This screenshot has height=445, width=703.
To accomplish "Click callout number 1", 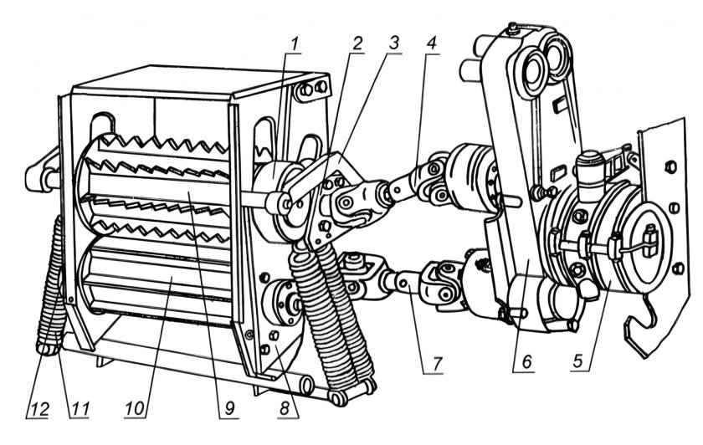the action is (x=294, y=44).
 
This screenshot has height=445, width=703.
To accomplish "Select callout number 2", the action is (x=357, y=44).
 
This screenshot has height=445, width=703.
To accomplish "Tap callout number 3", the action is (x=393, y=43).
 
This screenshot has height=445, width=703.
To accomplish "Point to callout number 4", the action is (x=431, y=44).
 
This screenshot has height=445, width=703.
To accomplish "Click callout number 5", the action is (x=579, y=361).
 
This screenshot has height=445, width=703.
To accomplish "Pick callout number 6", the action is (x=526, y=361).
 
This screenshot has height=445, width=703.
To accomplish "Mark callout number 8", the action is (x=284, y=408).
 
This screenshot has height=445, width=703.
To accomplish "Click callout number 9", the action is (x=229, y=408).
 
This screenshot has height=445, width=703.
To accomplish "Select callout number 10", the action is (x=135, y=408).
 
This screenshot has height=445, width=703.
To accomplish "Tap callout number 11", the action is (x=80, y=408).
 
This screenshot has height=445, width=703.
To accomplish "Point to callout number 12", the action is (x=38, y=408).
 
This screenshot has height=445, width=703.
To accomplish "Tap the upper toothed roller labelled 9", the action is (x=157, y=188).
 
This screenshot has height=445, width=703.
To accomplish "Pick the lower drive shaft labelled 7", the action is (x=406, y=281).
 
